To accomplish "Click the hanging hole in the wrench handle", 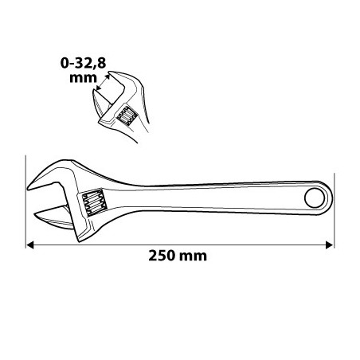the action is [x=315, y=198].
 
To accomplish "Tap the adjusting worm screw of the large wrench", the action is [x=95, y=202].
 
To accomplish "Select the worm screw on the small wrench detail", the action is [x=127, y=115].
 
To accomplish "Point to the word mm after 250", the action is [x=193, y=256].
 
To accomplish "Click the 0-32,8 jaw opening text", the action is [x=84, y=63].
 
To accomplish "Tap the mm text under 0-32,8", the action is [x=83, y=78].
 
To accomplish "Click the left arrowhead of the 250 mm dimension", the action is [x=30, y=245].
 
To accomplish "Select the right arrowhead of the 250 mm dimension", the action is [x=329, y=245].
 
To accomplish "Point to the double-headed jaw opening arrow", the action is [x=103, y=82].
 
